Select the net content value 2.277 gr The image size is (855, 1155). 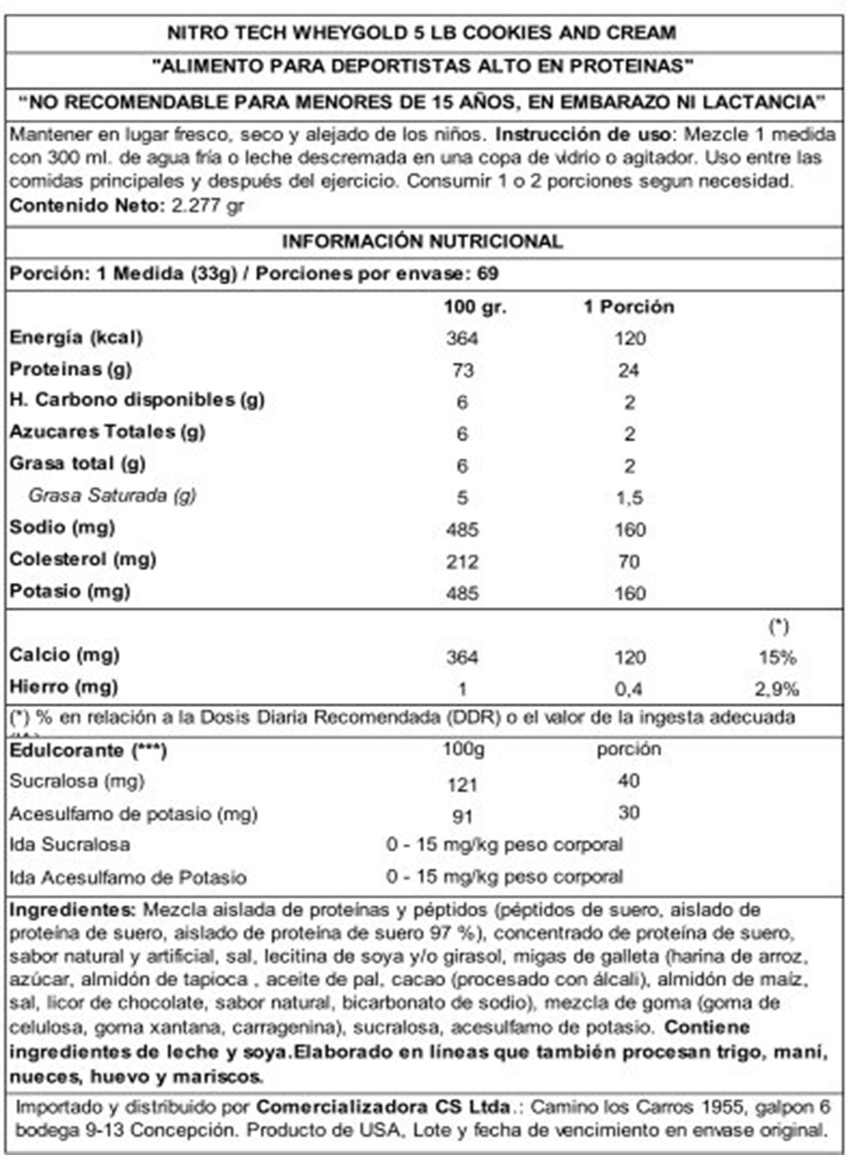(207, 206)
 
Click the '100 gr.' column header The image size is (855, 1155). (475, 307)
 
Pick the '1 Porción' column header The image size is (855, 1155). (629, 307)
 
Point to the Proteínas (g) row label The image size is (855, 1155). (71, 370)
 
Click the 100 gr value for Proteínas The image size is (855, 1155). (462, 371)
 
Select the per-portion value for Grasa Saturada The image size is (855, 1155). (629, 498)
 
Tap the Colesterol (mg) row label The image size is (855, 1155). (83, 559)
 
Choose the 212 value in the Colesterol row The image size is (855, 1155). (462, 562)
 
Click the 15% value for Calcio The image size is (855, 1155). (777, 658)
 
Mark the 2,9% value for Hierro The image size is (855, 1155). (777, 689)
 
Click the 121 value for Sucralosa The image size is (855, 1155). (462, 785)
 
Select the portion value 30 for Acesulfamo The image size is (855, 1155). (629, 813)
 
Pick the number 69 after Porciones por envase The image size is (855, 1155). (488, 273)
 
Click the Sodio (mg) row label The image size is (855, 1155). (62, 527)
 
